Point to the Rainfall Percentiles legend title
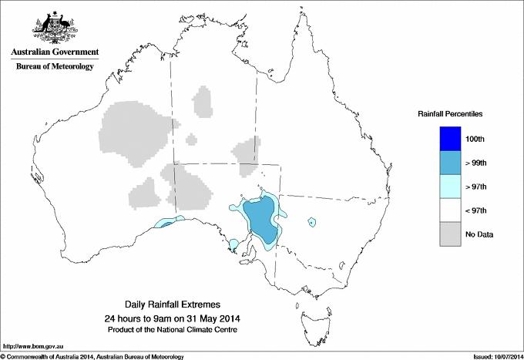[450, 114]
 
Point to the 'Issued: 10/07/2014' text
[493, 356]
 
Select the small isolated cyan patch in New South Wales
[311, 222]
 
